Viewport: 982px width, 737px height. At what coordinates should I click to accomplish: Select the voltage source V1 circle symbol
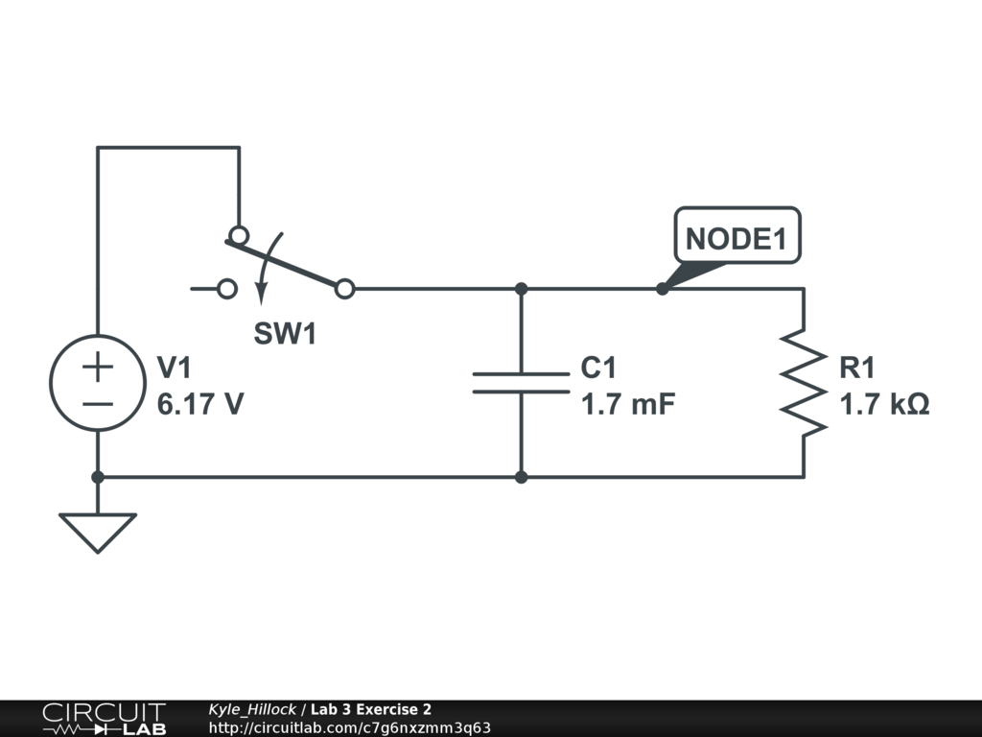click(x=98, y=382)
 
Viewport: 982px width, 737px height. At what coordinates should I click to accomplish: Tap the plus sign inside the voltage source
click(x=98, y=366)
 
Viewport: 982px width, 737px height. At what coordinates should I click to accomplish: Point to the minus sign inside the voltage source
click(x=98, y=401)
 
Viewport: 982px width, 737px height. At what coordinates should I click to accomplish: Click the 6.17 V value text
click(x=200, y=405)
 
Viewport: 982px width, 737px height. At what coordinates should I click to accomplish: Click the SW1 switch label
click(x=285, y=334)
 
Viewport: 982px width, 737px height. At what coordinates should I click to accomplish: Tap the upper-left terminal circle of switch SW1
click(x=238, y=235)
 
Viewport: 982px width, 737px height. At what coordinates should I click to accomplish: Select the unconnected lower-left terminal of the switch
click(x=227, y=288)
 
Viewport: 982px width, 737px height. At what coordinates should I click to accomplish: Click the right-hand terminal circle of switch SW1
click(x=345, y=288)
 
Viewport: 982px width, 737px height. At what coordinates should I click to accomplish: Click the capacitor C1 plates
click(x=521, y=383)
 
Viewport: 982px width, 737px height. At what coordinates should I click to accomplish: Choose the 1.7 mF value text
click(x=628, y=405)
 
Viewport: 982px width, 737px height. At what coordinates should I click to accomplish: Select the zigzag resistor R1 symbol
click(x=803, y=382)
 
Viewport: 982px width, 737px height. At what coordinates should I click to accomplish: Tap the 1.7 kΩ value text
click(x=883, y=405)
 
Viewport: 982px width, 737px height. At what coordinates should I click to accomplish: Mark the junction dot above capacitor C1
click(x=521, y=288)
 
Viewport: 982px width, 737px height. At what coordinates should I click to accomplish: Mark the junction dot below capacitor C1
click(x=521, y=477)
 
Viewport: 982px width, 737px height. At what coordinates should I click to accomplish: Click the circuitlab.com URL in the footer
click(x=349, y=727)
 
